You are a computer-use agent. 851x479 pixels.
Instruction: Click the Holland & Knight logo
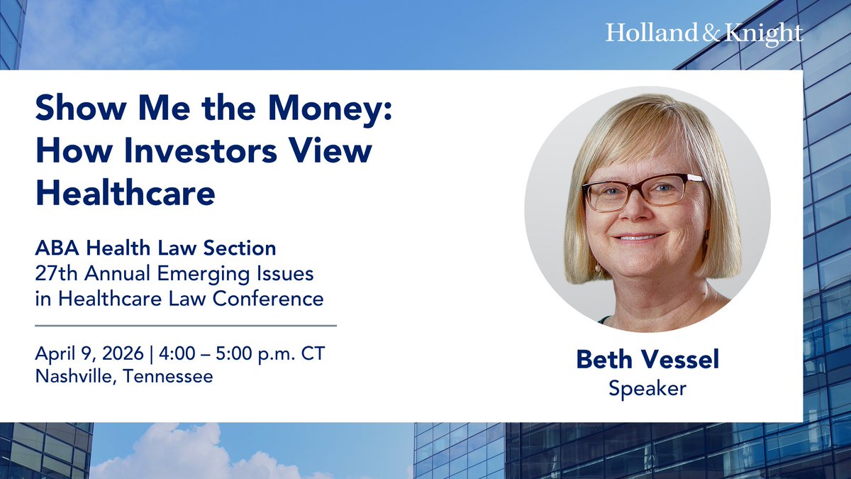tap(703, 33)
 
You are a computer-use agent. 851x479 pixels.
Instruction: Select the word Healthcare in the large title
tap(125, 192)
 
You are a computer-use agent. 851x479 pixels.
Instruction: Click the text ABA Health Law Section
tap(155, 249)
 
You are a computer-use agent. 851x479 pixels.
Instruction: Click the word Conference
tap(272, 299)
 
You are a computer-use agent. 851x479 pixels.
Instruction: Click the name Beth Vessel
tap(647, 359)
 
